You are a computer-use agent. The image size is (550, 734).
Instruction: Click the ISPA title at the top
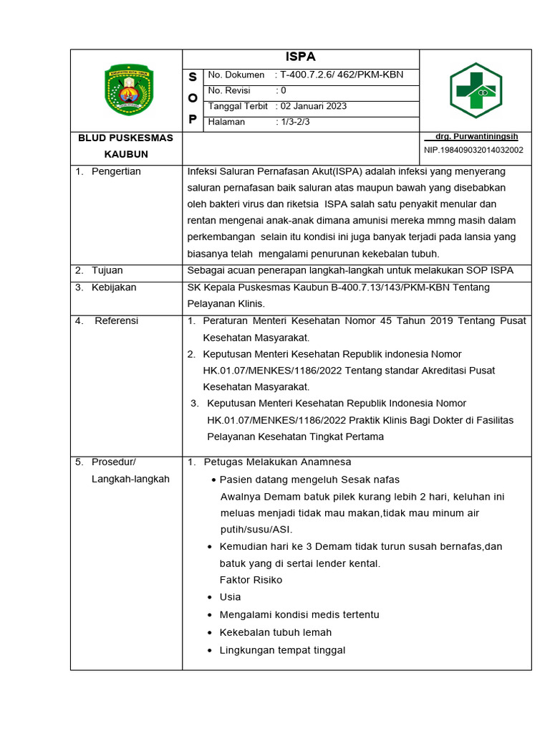tap(301, 57)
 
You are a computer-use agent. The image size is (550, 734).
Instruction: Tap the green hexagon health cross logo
tap(476, 90)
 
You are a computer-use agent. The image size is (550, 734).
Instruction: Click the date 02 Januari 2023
tap(313, 106)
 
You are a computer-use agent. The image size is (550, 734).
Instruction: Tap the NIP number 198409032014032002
tap(473, 150)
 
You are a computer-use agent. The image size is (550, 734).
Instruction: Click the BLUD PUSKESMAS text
tap(125, 138)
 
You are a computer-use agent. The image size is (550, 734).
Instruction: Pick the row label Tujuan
tap(107, 270)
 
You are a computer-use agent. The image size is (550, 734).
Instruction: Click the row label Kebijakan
tap(114, 287)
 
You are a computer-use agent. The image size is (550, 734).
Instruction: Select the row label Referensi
tap(116, 320)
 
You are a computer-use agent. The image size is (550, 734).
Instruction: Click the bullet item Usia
tap(230, 597)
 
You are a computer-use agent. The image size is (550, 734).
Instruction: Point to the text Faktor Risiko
tap(251, 580)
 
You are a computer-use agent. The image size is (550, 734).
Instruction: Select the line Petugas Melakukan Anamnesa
tap(277, 462)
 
